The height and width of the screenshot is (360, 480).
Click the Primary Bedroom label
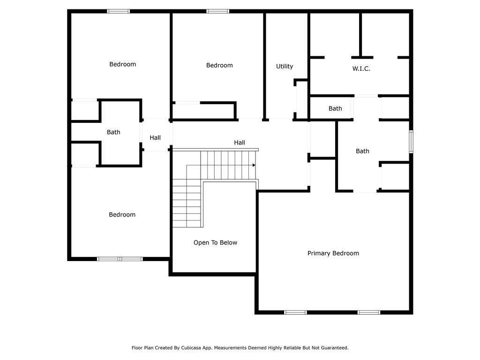[x=333, y=253]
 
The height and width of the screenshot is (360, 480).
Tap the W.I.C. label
[x=361, y=68]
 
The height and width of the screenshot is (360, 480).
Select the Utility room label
[x=284, y=66]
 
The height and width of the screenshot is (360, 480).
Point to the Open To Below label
[x=215, y=242]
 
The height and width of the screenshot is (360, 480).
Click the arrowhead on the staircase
[x=254, y=165]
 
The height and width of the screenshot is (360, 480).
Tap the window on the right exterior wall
[x=411, y=142]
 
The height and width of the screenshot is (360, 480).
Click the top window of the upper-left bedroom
[x=119, y=11]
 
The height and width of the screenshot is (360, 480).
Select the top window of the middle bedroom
[x=218, y=11]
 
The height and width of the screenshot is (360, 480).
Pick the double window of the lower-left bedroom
[x=120, y=258]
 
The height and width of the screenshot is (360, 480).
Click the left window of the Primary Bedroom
[x=296, y=312]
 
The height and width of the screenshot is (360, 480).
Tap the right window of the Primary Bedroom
[x=369, y=312]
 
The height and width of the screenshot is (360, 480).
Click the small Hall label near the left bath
[x=155, y=137]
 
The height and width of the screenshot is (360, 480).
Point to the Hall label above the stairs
[x=240, y=142]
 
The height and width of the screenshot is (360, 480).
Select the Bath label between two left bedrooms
[x=113, y=132]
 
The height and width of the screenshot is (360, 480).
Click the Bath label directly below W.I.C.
[x=335, y=108]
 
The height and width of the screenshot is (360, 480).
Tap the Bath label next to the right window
[x=362, y=151]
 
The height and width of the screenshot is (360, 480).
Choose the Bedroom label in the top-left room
[x=122, y=64]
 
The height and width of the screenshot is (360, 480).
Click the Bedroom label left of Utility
[x=219, y=65]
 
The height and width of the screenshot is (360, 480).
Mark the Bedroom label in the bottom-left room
[x=122, y=214]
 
